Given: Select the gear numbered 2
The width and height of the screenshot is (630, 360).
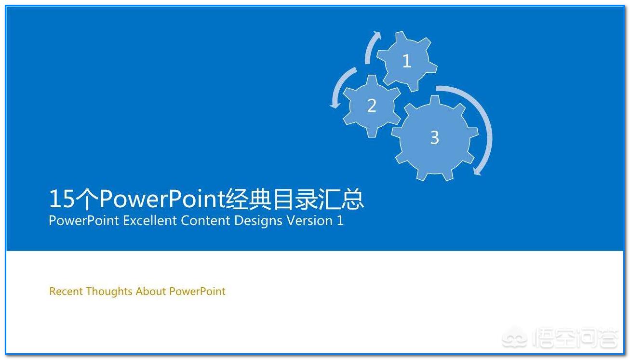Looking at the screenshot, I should tap(372, 106).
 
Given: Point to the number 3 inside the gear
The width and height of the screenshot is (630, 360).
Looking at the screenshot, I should tap(434, 137).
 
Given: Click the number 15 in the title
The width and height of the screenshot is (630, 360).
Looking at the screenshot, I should tap(62, 199).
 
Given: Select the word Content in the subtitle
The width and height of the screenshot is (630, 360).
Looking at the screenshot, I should tap(205, 221).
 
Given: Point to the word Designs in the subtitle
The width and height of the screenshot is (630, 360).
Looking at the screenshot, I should tap(258, 221).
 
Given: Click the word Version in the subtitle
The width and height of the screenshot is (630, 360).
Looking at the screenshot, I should tap(309, 221).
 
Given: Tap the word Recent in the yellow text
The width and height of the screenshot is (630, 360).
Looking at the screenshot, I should tap(66, 291).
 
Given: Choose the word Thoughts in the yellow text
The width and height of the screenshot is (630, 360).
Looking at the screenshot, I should tap(109, 291).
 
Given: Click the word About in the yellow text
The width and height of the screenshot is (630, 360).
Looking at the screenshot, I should tap(150, 291).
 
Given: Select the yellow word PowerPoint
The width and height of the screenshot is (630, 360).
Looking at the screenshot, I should tap(197, 292).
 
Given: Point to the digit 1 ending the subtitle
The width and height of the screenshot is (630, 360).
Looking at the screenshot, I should tap(340, 221).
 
